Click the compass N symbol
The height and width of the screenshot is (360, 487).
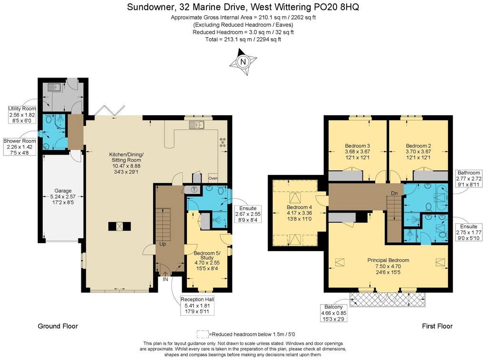pos(243,61)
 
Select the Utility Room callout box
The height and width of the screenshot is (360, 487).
pos(22,115)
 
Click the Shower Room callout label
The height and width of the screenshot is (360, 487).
pos(19,147)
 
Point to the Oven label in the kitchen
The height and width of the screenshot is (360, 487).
pos(213,178)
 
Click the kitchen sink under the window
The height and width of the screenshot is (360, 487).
pos(196,125)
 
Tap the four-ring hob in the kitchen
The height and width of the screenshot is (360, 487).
pos(223,143)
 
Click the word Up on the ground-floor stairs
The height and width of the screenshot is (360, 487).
pos(163,244)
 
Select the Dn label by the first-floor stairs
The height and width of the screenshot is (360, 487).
pos(394,193)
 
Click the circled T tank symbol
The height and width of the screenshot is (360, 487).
pos(195,189)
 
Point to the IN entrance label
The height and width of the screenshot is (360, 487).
pos(166,279)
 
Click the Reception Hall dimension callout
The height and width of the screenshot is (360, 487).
pos(197,305)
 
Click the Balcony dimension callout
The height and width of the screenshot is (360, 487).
pos(333,313)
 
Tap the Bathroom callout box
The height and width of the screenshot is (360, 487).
pos(468,179)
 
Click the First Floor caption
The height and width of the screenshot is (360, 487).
pos(437,326)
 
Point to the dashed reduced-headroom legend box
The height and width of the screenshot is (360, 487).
pos(203,334)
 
